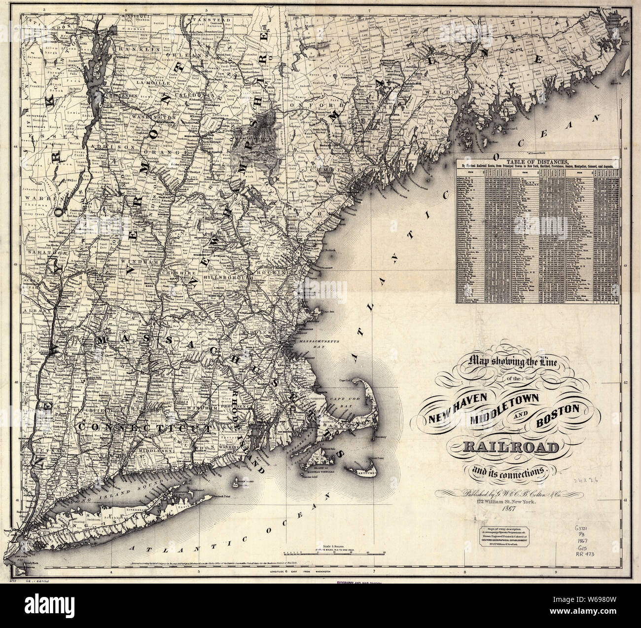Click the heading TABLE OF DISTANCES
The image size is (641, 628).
pos(537,161)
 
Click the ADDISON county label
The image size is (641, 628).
pos(122,147)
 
